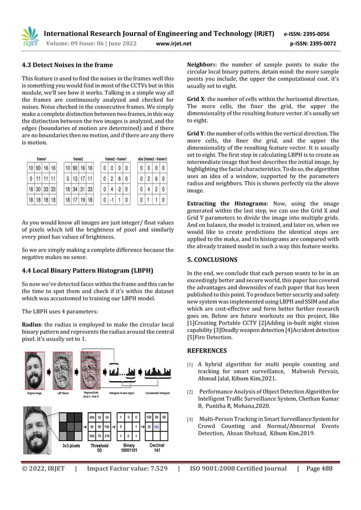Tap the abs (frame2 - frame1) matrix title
[154, 160]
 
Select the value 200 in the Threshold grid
[92, 416]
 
